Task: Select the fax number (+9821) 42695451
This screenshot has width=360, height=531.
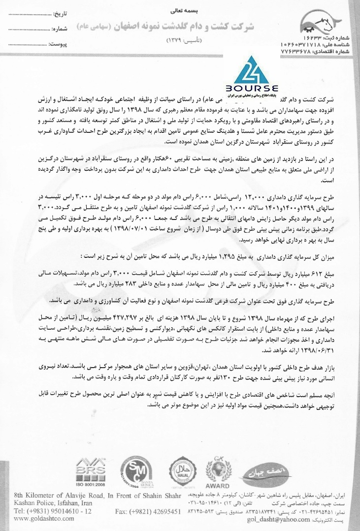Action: click(x=148, y=512)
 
